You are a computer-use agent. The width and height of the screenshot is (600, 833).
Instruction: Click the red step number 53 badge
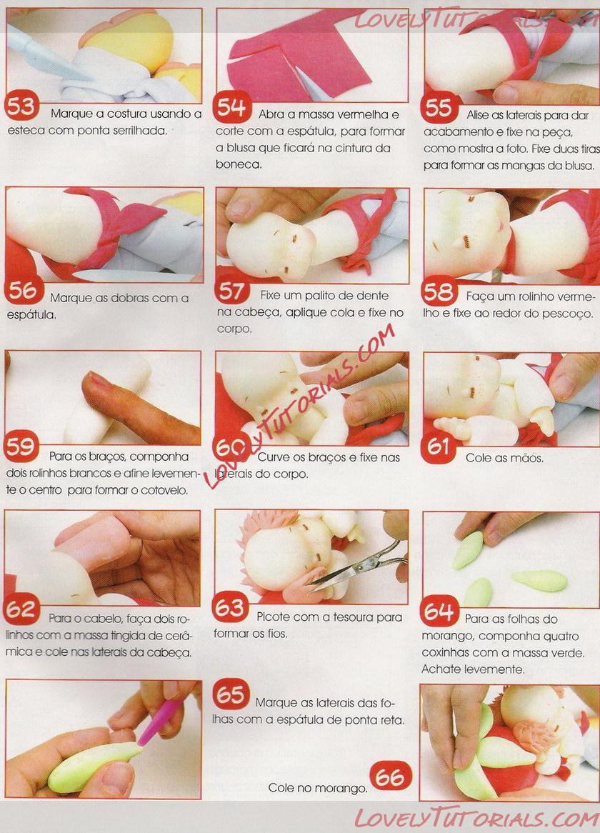coord(21,106)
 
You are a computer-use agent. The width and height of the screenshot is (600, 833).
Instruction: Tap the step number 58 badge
coord(439,291)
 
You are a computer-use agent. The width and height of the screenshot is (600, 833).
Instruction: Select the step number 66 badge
coord(390,777)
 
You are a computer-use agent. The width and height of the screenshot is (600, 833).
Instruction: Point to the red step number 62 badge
coord(21,609)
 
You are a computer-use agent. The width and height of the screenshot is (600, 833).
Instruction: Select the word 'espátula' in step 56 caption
coord(31,315)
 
